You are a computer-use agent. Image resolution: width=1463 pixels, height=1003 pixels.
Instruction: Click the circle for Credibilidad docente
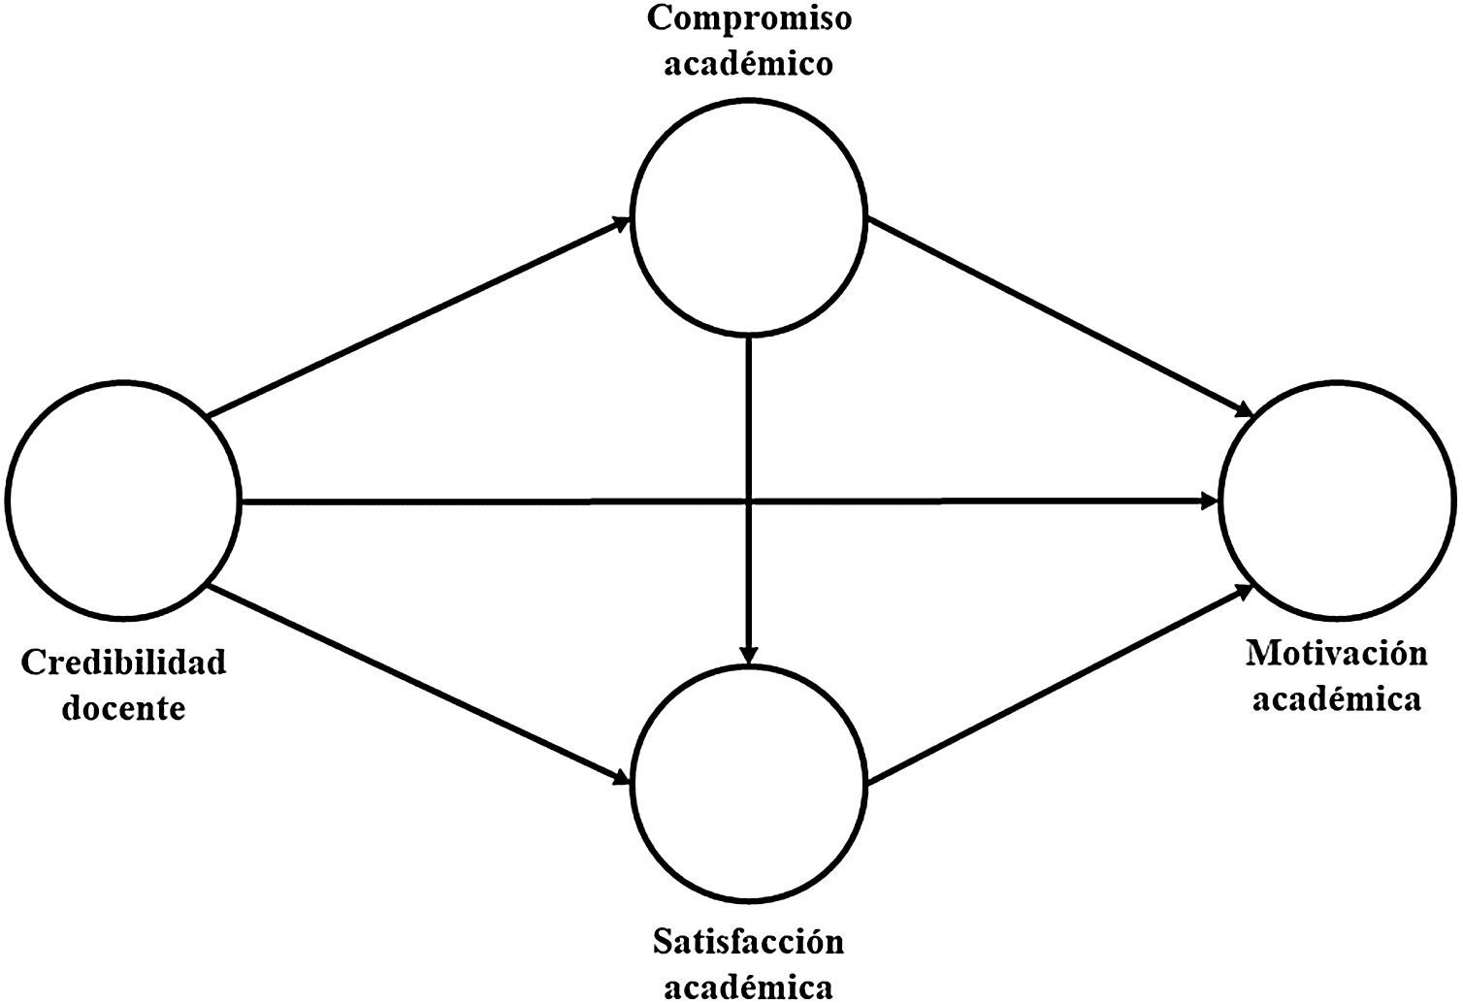point(123,501)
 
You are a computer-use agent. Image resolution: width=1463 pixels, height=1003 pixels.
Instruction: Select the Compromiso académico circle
point(748,218)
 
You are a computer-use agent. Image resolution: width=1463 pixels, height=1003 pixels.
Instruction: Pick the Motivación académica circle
point(1338,501)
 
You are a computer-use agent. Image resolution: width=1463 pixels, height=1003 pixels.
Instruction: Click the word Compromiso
point(749,18)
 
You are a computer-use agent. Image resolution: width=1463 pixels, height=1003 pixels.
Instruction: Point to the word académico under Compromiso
point(749,63)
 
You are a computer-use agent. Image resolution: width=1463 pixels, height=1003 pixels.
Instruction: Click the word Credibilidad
point(123,663)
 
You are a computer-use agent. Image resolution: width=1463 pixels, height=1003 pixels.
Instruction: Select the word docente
point(123,707)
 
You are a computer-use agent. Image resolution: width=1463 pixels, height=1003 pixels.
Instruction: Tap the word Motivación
point(1336,653)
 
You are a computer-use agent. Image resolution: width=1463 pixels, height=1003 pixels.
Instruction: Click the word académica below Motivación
point(1336,698)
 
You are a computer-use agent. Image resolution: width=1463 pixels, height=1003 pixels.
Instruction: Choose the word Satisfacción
point(748,941)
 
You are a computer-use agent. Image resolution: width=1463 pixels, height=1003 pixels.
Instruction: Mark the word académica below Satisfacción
point(748,986)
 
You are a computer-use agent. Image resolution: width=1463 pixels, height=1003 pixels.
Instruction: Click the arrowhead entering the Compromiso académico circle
point(622,222)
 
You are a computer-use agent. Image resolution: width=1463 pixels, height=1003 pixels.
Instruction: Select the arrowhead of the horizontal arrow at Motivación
point(1211,501)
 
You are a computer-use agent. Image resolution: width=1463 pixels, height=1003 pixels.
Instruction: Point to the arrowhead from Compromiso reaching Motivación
point(1245,410)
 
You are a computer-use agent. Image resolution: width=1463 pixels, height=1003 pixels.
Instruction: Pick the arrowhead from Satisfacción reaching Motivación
point(1243,591)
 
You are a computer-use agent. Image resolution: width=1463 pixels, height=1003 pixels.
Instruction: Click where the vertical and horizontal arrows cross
point(748,501)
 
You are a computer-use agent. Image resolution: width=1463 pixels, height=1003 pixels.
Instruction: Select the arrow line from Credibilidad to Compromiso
point(417,318)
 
